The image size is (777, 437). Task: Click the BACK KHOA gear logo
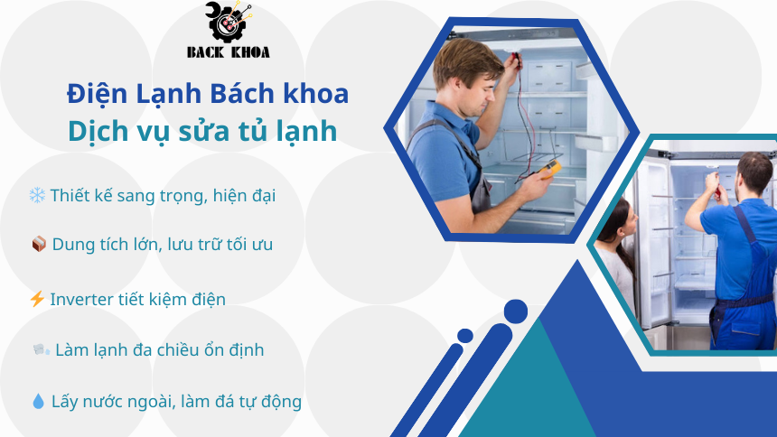228,23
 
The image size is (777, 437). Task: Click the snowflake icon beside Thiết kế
37,195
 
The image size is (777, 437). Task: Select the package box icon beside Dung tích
38,244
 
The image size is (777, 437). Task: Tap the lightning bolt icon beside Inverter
37,299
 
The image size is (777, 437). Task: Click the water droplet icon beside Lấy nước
37,402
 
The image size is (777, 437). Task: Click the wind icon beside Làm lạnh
40,349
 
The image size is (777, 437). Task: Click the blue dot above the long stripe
515,312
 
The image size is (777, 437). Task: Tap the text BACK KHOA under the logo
228,52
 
